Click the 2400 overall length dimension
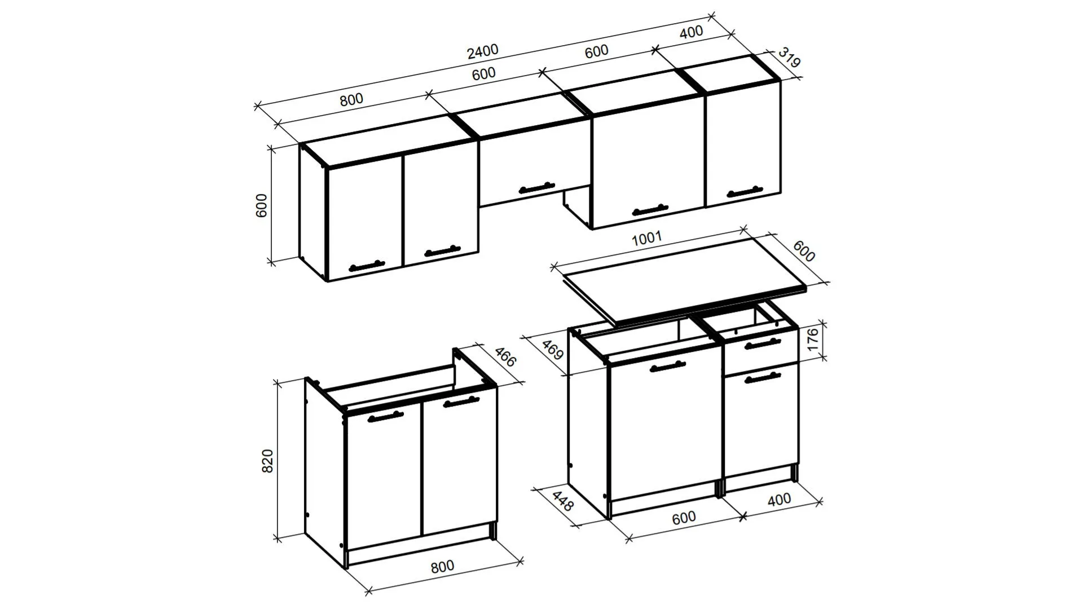click(483, 51)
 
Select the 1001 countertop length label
click(646, 238)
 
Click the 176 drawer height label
click(812, 341)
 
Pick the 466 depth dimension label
click(505, 357)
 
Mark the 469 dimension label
click(553, 350)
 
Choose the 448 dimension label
click(562, 501)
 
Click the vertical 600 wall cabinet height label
click(261, 206)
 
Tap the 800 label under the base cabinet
click(442, 566)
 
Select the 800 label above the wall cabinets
click(351, 100)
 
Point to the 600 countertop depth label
click(804, 251)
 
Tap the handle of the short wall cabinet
click(537, 188)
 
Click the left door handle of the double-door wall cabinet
click(367, 266)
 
